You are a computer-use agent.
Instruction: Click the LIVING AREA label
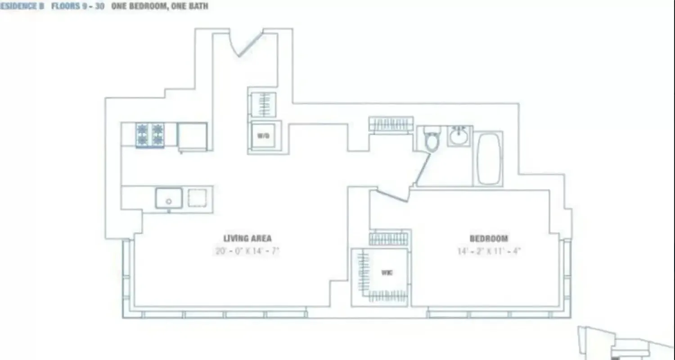247,238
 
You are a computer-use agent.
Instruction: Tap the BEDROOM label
489,238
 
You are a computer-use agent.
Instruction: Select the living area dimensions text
247,251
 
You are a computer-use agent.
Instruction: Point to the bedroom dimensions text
489,251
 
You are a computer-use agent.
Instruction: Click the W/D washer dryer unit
263,135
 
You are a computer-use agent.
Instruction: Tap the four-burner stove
150,135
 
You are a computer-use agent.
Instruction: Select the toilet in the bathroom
432,139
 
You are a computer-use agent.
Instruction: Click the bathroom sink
459,136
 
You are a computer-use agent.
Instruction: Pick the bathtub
489,158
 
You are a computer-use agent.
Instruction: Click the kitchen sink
169,198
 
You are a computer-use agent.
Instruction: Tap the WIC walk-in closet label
386,273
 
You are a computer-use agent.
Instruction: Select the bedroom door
391,194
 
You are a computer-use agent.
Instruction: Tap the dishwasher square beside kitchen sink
197,198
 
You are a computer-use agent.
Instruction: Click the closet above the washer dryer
262,104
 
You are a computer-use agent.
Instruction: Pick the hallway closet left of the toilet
391,124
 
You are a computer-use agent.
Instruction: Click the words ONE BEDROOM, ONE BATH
160,6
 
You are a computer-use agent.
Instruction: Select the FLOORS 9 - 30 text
78,6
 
